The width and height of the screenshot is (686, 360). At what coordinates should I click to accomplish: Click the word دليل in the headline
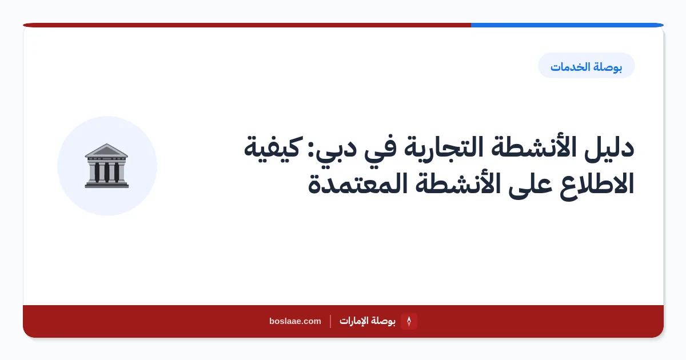pos(609,147)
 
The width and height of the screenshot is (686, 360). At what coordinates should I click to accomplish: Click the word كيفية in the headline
pos(272,149)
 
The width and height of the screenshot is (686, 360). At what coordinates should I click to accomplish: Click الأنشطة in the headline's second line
pos(458,183)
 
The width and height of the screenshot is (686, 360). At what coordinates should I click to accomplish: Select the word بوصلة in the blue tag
pos(607,67)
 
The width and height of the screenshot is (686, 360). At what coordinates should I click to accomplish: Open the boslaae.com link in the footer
pos(295,321)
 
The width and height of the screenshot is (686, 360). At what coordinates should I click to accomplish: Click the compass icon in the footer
pos(409,321)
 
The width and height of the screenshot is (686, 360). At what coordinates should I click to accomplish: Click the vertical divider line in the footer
pos(330,321)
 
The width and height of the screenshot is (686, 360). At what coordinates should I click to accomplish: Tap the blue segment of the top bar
pos(567,25)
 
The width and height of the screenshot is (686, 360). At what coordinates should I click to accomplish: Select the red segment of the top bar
pos(247,25)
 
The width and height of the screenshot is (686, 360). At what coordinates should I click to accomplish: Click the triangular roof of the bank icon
pos(106,151)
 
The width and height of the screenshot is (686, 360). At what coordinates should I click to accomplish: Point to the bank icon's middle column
pos(107,173)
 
